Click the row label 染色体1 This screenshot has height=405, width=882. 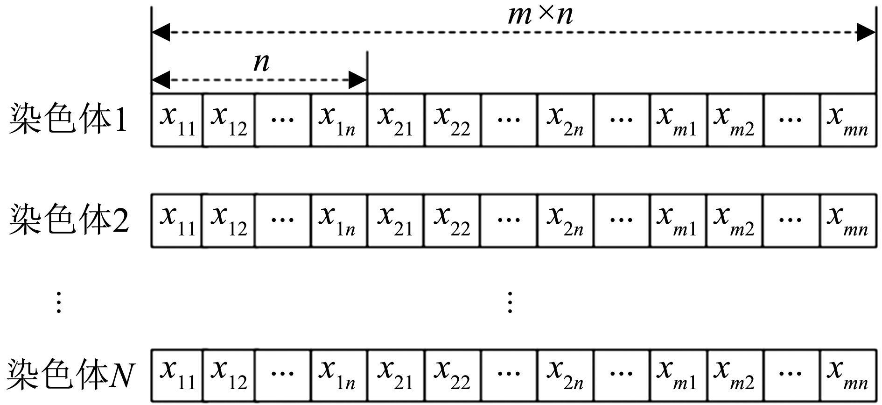[x=68, y=120]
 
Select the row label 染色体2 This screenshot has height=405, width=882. [x=69, y=220]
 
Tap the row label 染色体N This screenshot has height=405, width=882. [x=71, y=375]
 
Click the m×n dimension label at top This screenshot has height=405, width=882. [x=540, y=15]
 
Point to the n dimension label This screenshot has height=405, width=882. [x=261, y=62]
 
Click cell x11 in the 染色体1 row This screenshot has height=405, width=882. [x=177, y=121]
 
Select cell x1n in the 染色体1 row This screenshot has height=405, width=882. [x=338, y=121]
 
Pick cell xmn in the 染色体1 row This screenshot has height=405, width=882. [x=847, y=121]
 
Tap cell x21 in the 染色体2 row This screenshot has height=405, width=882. [x=396, y=220]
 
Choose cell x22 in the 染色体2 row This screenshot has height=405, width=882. [x=452, y=220]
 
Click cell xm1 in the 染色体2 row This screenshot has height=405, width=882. [x=678, y=220]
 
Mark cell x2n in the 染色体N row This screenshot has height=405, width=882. [x=565, y=375]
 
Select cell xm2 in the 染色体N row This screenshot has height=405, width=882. [x=735, y=375]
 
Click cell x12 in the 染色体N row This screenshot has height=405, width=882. [x=229, y=375]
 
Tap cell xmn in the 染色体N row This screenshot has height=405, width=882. [x=847, y=375]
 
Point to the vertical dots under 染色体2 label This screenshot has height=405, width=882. [x=59, y=302]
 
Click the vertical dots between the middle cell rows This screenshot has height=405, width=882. [x=510, y=302]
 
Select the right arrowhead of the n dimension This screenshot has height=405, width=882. [x=358, y=80]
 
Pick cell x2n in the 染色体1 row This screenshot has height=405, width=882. [x=565, y=121]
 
